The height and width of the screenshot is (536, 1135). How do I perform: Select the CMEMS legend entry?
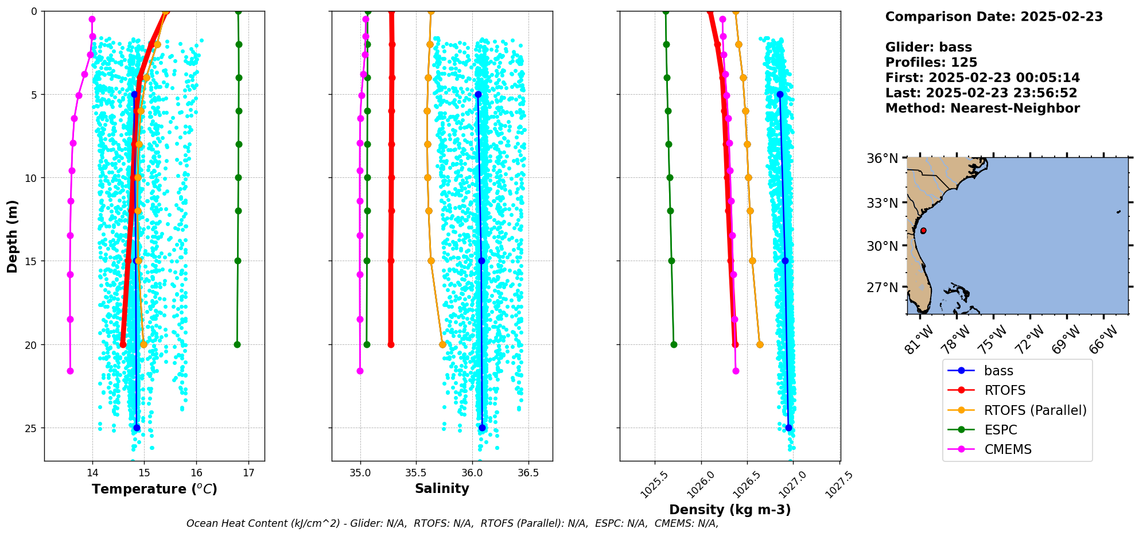[x=1008, y=449]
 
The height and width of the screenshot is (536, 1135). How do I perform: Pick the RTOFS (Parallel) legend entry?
[x=1035, y=410]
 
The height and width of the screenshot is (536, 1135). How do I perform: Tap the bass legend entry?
[x=998, y=371]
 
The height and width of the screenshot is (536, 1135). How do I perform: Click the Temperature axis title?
[x=154, y=489]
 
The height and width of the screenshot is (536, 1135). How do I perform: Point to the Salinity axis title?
[x=442, y=488]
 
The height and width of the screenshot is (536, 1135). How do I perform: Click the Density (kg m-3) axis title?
[x=730, y=510]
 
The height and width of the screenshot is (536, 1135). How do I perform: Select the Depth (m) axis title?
[x=13, y=236]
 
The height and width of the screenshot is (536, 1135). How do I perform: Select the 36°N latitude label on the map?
[x=883, y=158]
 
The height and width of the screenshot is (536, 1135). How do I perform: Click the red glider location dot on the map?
[x=923, y=231]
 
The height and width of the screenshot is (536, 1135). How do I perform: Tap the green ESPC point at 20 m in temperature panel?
[x=237, y=345]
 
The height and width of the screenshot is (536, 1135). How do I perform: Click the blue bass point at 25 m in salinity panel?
[x=482, y=428]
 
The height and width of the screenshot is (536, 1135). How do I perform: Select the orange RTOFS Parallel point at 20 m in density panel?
[x=760, y=345]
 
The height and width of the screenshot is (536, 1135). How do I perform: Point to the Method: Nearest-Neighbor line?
[x=982, y=108]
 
